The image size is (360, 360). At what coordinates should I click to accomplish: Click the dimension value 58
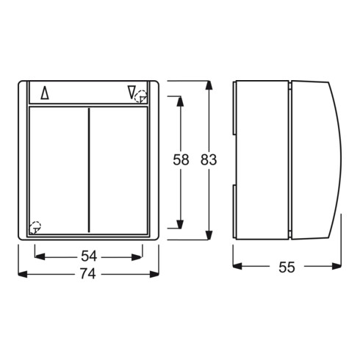click(181, 159)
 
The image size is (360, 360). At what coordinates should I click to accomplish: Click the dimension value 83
click(209, 159)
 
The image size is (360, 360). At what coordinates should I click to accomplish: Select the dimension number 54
click(89, 256)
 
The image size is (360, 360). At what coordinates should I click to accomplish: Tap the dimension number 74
click(88, 274)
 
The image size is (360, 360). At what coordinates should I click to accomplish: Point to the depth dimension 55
click(287, 267)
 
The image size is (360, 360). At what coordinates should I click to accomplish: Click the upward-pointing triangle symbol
click(45, 93)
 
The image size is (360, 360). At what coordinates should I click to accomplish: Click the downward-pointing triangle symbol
click(132, 92)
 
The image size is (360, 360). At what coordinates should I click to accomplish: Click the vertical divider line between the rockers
click(89, 170)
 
